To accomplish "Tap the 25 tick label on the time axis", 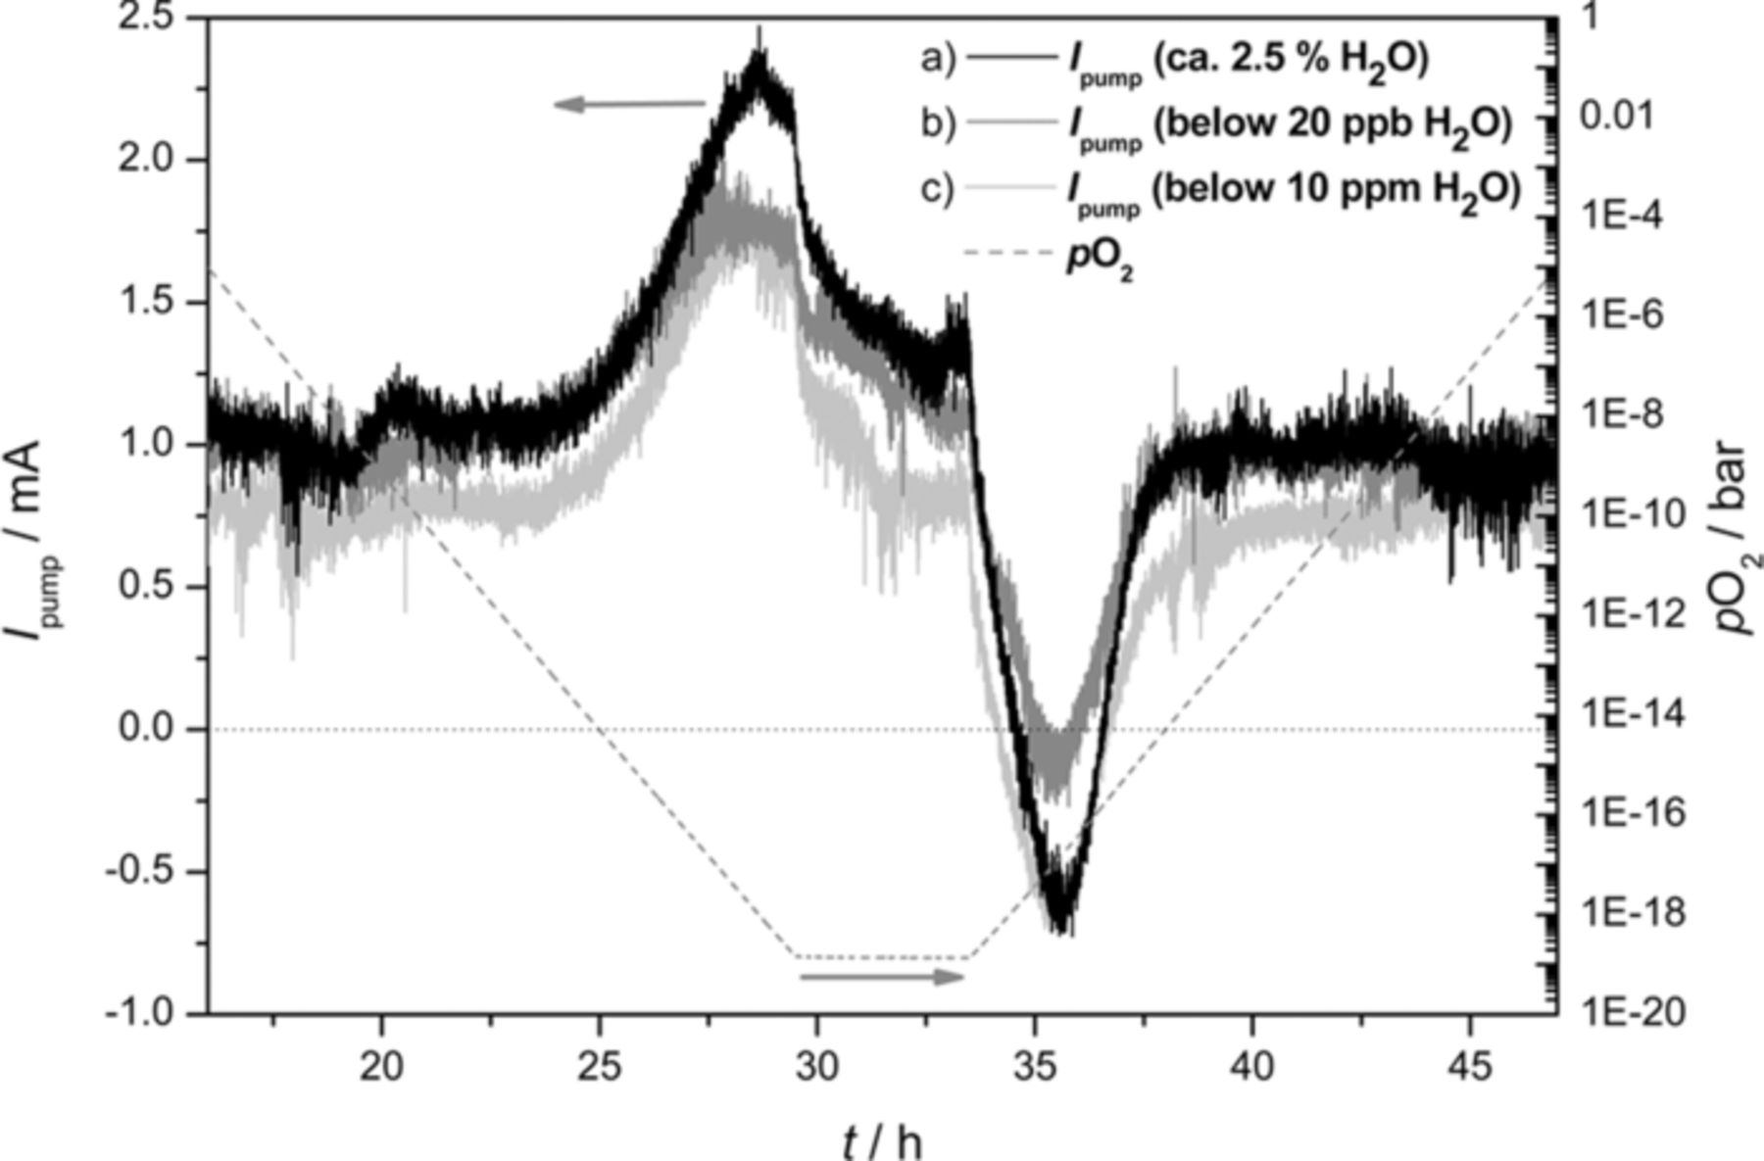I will click(599, 1066).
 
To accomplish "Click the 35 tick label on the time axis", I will click(1034, 1066).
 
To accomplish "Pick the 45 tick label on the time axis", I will click(1469, 1066).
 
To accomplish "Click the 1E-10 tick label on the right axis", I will click(1635, 513).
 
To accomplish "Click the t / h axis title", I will click(881, 1140).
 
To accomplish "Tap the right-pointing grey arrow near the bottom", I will click(882, 977).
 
